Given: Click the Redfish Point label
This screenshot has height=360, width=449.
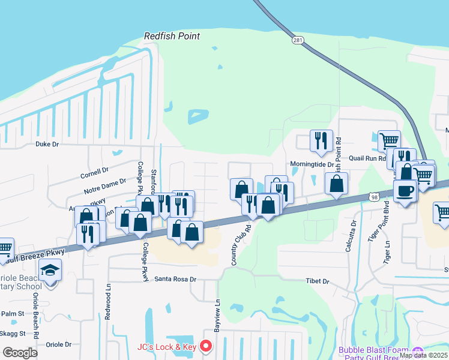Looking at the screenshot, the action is click(x=172, y=36).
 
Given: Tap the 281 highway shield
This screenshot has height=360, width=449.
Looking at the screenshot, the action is click(x=298, y=40).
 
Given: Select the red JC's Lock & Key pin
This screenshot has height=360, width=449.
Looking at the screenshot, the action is click(x=206, y=346).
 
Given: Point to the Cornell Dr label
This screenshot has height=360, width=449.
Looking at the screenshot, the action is click(x=93, y=174).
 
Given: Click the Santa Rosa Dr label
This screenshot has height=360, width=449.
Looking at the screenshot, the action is click(x=175, y=279).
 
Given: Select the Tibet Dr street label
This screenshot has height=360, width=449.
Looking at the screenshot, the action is click(x=318, y=281).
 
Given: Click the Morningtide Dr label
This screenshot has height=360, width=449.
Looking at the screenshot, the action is click(x=311, y=163).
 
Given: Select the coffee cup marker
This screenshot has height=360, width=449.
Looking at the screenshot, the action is click(x=405, y=191).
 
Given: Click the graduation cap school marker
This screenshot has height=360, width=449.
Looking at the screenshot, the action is click(x=51, y=271).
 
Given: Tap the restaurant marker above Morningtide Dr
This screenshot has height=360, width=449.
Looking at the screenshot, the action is click(x=321, y=141).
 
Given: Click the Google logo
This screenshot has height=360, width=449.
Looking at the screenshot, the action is click(x=20, y=352).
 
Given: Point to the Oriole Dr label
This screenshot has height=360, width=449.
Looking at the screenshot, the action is click(x=59, y=344).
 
